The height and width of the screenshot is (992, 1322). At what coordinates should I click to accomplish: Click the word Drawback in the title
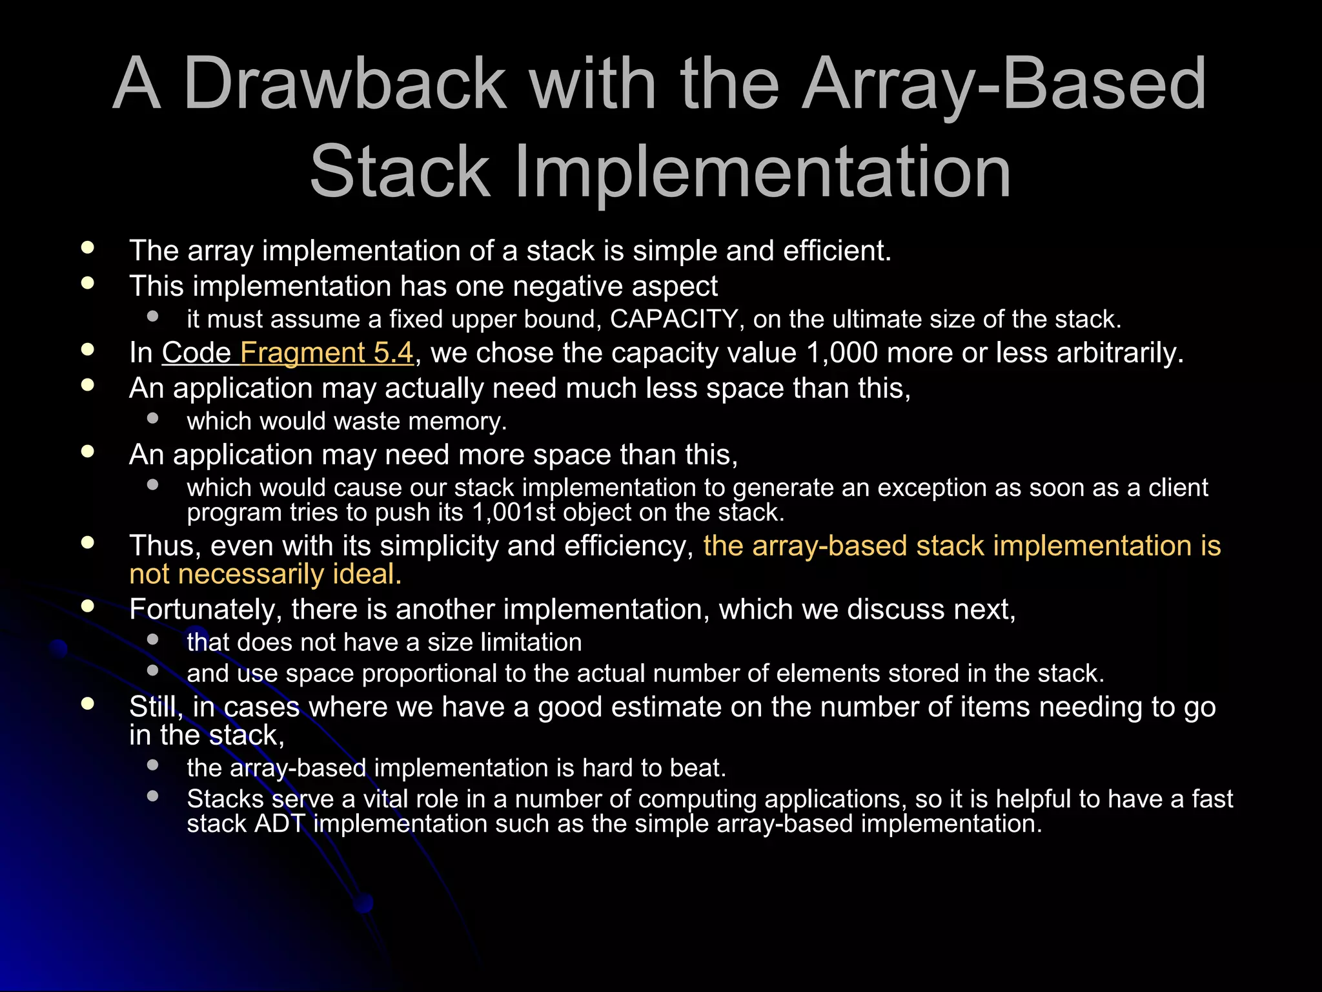[x=345, y=84]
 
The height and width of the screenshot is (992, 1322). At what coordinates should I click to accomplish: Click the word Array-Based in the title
[x=1004, y=84]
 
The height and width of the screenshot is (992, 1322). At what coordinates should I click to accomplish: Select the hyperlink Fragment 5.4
[x=326, y=353]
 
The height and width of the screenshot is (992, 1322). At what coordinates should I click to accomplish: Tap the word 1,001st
[x=513, y=512]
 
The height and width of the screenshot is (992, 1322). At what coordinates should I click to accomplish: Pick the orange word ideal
[x=366, y=574]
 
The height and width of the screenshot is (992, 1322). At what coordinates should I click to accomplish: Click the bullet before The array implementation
[x=88, y=247]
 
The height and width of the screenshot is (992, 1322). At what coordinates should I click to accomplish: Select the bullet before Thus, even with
[x=88, y=542]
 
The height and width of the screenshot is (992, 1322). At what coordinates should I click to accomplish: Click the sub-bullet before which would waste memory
[x=153, y=418]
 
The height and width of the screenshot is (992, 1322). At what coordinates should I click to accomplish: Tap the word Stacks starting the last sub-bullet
[x=225, y=800]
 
